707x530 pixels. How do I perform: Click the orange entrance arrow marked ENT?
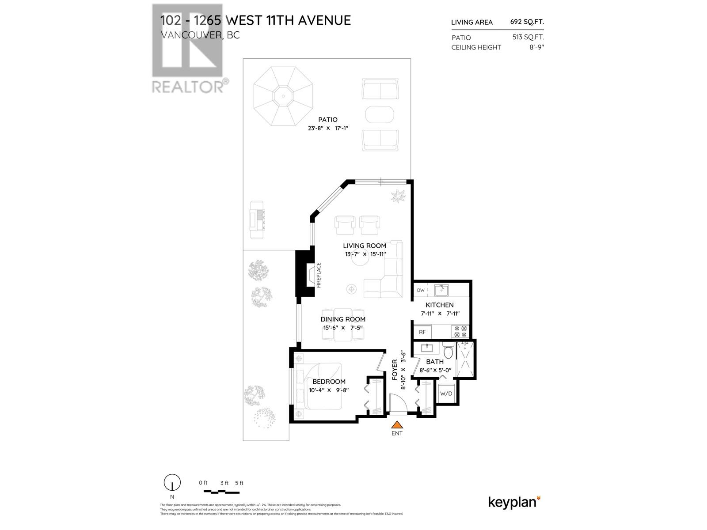click(x=397, y=425)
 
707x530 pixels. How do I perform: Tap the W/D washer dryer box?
click(x=446, y=393)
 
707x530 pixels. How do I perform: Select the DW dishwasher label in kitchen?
click(x=420, y=290)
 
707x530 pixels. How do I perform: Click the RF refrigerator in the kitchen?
click(x=422, y=332)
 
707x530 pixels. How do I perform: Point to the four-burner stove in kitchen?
click(x=460, y=331)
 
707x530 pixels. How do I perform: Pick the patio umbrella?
click(x=283, y=96)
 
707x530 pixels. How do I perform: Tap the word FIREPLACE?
click(x=319, y=275)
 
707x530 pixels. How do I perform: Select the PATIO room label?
click(x=327, y=120)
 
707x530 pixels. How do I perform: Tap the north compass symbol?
click(x=172, y=483)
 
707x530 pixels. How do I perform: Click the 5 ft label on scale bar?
click(x=239, y=483)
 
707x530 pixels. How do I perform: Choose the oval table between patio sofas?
click(x=380, y=114)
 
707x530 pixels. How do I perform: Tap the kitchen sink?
click(x=441, y=290)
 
